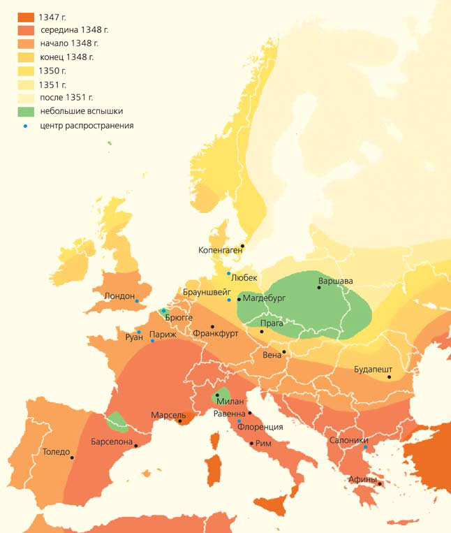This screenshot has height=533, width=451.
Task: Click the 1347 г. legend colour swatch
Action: [x=26, y=17]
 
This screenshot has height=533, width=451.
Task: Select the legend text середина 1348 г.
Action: [x=74, y=30]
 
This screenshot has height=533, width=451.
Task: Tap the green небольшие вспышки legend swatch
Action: [x=26, y=110]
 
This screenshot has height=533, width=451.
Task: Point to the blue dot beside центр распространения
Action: [x=26, y=126]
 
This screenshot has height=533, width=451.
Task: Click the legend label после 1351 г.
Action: [x=66, y=97]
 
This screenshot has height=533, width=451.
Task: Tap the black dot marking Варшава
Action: [x=319, y=287]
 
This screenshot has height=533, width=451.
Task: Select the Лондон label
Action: [x=119, y=295]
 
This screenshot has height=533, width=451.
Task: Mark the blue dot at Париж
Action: [x=152, y=341]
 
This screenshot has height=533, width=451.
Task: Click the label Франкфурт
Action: [x=215, y=334]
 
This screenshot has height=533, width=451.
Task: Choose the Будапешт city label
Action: [x=374, y=368]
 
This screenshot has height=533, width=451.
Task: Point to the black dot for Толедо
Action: [x=72, y=458]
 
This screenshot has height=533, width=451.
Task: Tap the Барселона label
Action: [x=112, y=441]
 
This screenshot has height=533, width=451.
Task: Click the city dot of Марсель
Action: [x=180, y=421]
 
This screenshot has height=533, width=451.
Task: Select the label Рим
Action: [x=263, y=443]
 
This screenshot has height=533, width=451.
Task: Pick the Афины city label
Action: [x=362, y=480]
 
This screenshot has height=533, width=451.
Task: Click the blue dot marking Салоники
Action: [x=365, y=448]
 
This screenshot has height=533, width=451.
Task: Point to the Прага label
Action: [x=272, y=323]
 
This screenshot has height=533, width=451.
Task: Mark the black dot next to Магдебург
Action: [x=239, y=299]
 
